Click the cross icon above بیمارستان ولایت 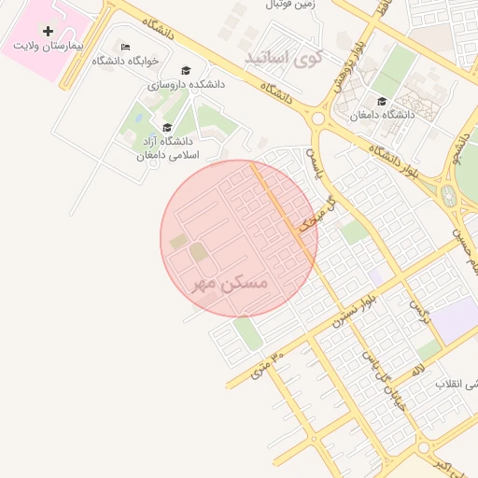click(x=49, y=31)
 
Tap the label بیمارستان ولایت click(x=49, y=45)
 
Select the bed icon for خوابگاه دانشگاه click(x=126, y=47)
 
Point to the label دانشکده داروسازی click(x=186, y=84)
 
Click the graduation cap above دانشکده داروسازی click(x=185, y=71)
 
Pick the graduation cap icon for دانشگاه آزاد click(x=167, y=128)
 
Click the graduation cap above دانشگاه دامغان click(x=381, y=102)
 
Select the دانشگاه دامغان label click(x=381, y=115)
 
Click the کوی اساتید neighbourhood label click(x=283, y=59)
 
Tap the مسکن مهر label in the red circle click(x=230, y=282)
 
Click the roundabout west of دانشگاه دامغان click(x=318, y=119)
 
